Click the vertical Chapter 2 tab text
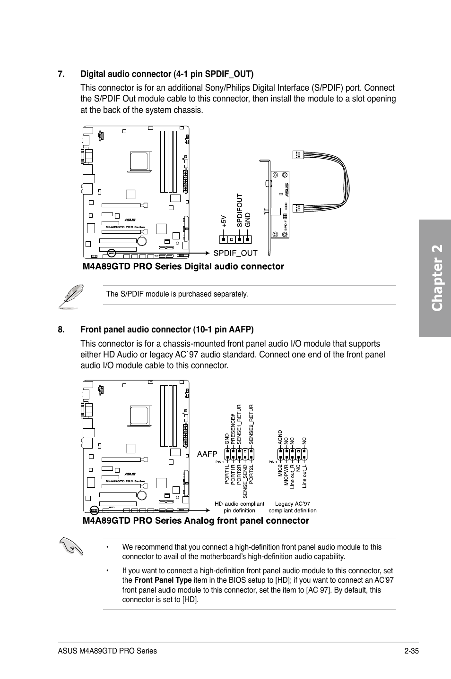(x=437, y=278)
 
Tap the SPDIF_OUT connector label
(x=235, y=253)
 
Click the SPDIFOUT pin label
(x=240, y=211)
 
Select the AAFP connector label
(x=207, y=454)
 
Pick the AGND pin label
(x=280, y=437)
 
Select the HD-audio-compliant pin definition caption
(x=239, y=507)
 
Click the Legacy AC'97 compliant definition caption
(x=292, y=507)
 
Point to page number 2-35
(x=412, y=651)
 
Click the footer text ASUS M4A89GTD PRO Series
(x=107, y=651)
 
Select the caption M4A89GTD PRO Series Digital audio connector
(x=183, y=267)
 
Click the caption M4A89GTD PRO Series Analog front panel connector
(x=195, y=521)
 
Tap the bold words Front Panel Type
(x=163, y=580)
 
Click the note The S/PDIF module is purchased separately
(x=177, y=294)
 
